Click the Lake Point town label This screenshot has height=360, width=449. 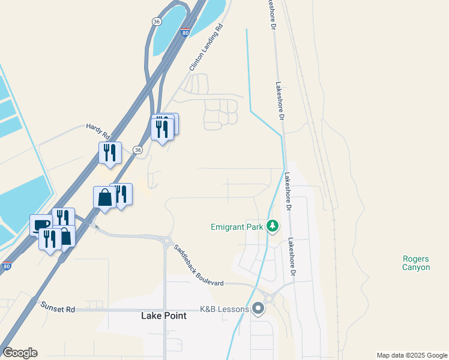[163, 316]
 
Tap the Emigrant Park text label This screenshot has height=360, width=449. [237, 227]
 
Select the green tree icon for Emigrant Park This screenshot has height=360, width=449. [273, 226]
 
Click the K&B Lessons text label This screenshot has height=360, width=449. [224, 310]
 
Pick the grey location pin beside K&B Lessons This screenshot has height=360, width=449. [259, 310]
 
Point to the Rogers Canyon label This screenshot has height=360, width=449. [416, 263]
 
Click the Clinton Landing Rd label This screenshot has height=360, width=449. [205, 48]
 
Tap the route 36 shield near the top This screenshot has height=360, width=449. [156, 21]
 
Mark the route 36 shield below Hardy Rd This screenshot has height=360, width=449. [138, 150]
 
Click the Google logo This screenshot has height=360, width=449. [20, 353]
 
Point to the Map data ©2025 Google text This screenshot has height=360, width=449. [412, 355]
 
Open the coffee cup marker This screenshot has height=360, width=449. [41, 225]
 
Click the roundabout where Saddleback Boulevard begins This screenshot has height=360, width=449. [166, 241]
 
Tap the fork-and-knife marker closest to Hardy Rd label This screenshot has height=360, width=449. [110, 152]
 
